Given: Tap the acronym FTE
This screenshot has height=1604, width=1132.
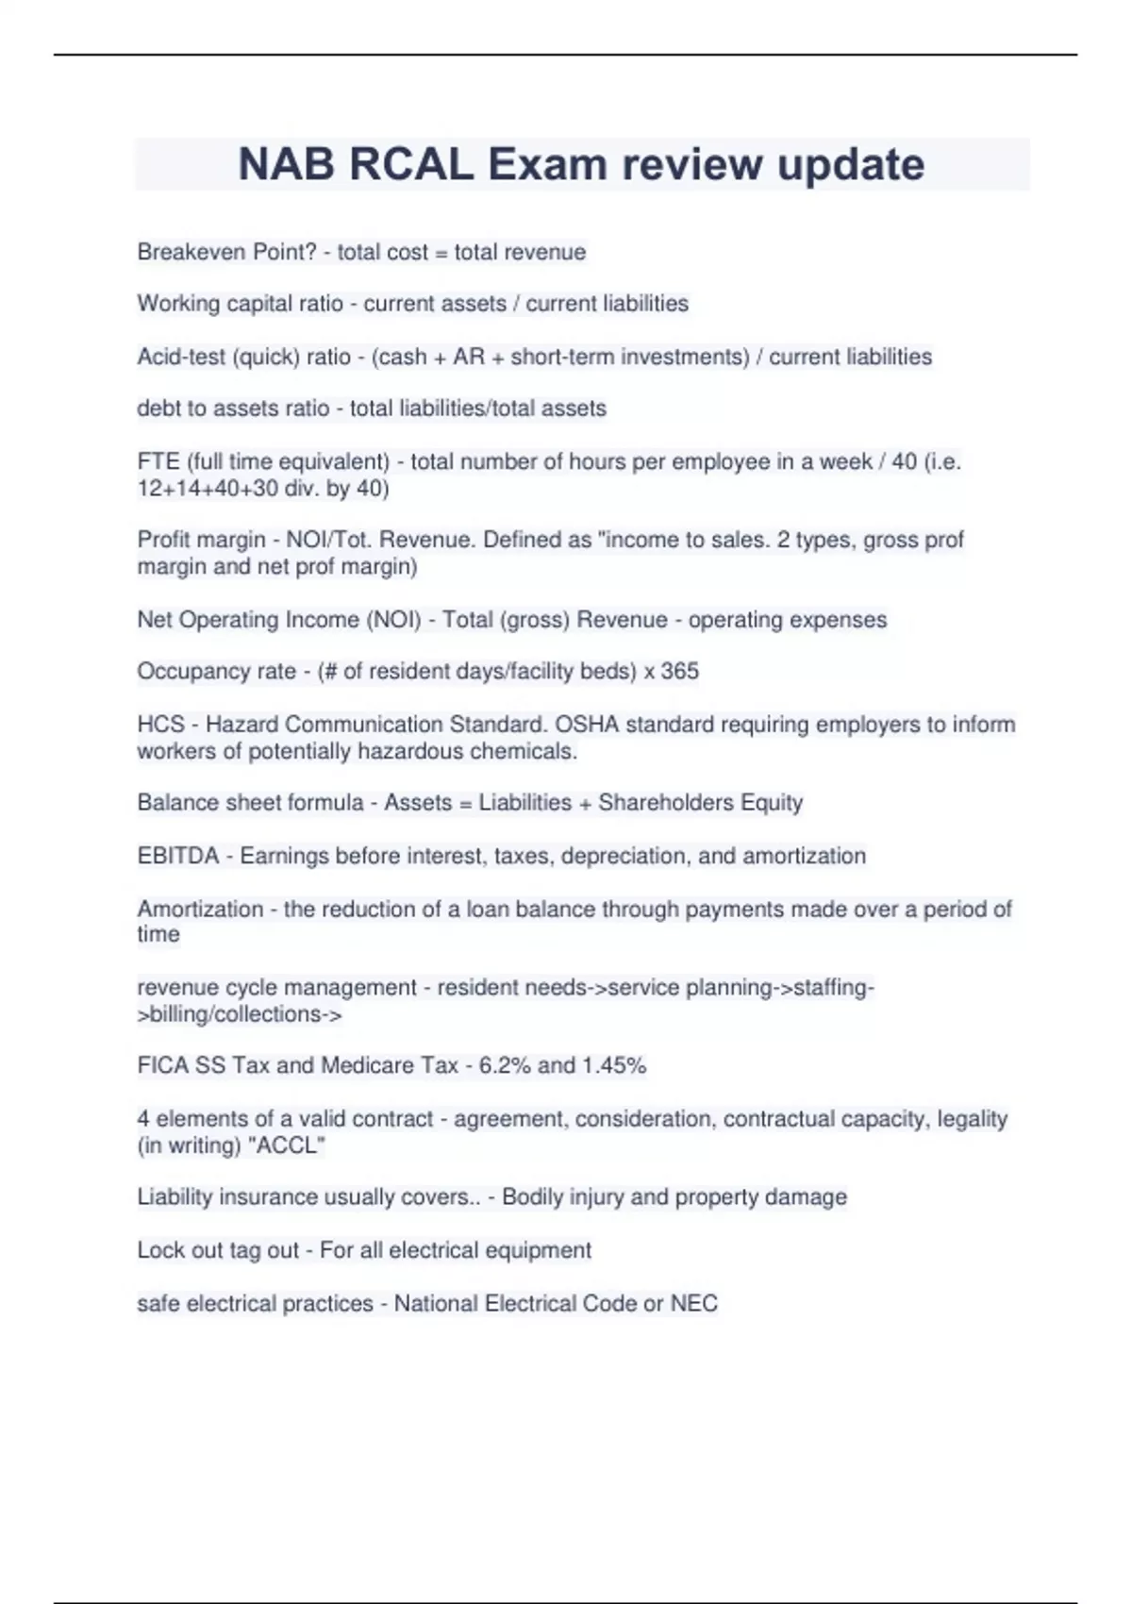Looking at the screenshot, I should tap(158, 461).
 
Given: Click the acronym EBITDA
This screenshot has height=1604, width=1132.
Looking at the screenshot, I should tap(178, 856).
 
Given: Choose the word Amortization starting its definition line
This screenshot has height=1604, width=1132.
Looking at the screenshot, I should tap(200, 909).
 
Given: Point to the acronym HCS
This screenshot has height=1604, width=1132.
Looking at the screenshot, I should tap(160, 725).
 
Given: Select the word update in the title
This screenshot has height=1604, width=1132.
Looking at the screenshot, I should tap(851, 164).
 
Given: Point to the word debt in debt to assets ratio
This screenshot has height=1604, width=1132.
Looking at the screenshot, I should tap(157, 409).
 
